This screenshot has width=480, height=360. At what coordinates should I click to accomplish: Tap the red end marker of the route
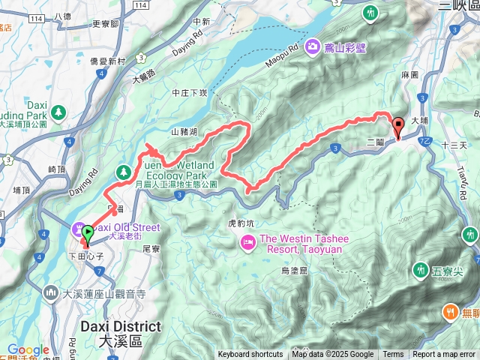[x=397, y=127]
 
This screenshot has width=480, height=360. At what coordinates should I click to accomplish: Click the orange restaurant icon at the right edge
[x=450, y=310]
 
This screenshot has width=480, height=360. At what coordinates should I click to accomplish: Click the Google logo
[x=28, y=349]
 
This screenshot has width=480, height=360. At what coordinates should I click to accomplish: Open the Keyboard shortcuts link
[x=250, y=355]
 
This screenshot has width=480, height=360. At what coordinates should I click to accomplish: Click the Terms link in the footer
[x=393, y=355]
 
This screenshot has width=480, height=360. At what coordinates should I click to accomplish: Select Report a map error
[x=444, y=355]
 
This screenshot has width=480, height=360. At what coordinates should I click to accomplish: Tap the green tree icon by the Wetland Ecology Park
[x=122, y=172]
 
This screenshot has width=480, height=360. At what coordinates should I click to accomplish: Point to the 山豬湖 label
[x=184, y=132]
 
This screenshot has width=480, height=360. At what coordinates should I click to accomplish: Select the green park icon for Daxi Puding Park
[x=58, y=112]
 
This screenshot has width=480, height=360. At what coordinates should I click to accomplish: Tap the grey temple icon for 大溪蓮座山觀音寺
[x=52, y=291]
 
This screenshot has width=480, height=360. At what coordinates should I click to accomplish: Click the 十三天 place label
[x=454, y=145]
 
